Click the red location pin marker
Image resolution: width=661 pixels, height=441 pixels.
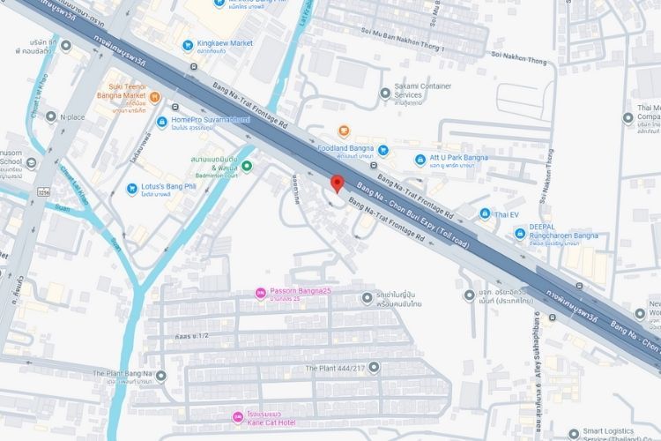(x=336, y=183)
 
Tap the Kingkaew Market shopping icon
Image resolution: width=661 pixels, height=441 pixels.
(x=187, y=45)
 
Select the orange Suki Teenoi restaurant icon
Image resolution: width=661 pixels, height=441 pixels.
(x=154, y=97)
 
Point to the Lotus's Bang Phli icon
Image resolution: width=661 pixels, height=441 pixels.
(x=132, y=188)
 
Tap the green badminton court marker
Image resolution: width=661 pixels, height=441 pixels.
(x=247, y=165)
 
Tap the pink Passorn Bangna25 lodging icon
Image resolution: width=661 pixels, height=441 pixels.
(x=260, y=293)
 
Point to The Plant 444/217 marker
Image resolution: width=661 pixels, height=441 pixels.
(x=374, y=367)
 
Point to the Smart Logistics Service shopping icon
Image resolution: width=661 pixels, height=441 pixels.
(x=576, y=433)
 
